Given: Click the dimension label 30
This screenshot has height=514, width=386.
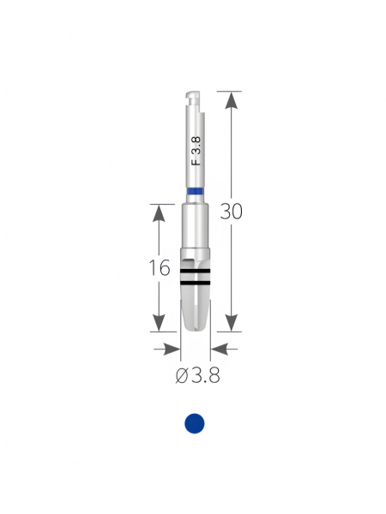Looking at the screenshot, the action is pos(231,212).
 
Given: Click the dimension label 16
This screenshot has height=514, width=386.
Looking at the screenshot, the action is pos(160,267).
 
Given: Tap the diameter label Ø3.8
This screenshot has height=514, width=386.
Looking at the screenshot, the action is pos(197,375).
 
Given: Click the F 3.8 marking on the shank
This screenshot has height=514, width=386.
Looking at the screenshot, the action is pos(196,151).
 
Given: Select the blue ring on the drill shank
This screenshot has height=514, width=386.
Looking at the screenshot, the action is pos(196,191).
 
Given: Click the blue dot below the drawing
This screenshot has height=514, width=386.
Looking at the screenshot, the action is pos(195,423).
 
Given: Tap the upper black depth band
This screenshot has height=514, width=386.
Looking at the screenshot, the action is pos(195,271).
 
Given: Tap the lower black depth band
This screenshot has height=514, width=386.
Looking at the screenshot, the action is pos(195,282).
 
